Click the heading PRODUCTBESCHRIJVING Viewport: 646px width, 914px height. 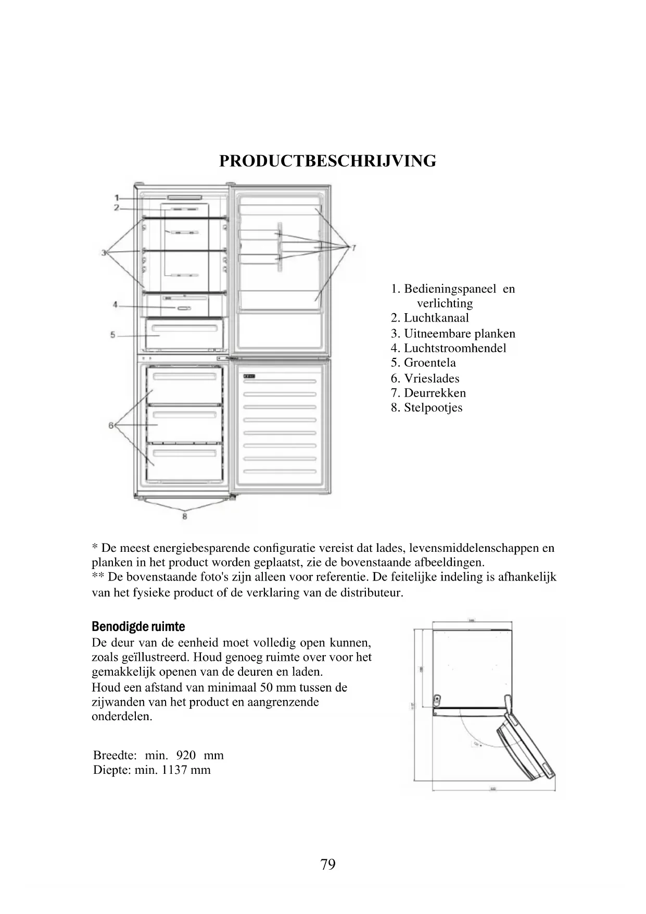tap(327, 161)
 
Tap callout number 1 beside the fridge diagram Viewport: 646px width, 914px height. tap(117, 197)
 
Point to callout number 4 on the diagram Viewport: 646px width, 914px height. tap(116, 304)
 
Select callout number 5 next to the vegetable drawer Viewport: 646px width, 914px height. tap(113, 335)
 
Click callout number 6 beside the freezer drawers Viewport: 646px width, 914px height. tap(111, 425)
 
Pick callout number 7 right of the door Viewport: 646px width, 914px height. tap(353, 248)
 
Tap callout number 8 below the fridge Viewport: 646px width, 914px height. tap(184, 516)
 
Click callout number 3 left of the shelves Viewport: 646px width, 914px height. tap(104, 253)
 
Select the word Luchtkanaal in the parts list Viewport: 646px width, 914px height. tap(436, 318)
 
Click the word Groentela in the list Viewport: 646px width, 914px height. tap(429, 363)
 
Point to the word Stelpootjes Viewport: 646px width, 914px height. tap(433, 407)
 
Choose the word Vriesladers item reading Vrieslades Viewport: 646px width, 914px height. tap(432, 378)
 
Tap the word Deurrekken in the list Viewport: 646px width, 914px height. tap(435, 393)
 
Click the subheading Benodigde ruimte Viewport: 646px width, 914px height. tap(138, 626)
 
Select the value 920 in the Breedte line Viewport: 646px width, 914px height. tap(186, 755)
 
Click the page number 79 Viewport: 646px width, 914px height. tap(328, 865)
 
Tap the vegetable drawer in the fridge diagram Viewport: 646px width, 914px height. tap(184, 334)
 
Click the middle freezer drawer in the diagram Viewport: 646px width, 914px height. tap(184, 424)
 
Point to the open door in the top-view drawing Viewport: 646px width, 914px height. tap(523, 748)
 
